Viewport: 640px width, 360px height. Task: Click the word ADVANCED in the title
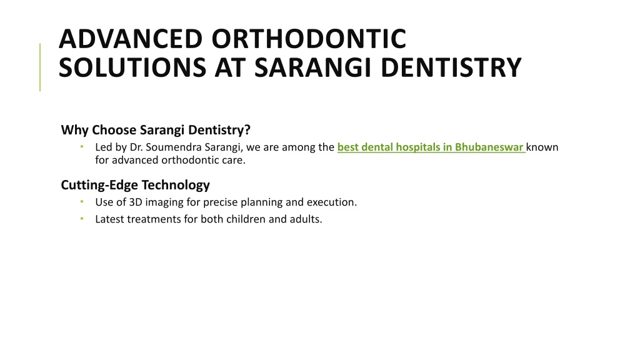coord(131,39)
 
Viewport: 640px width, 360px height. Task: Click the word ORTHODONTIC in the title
coord(309,39)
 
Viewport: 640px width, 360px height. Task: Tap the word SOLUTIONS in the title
coord(132,67)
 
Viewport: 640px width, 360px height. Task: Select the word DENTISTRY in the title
coord(451,67)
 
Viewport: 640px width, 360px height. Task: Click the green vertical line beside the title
coord(40,67)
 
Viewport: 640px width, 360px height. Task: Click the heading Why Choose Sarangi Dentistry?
coord(156,130)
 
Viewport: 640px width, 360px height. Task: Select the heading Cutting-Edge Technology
coord(135,185)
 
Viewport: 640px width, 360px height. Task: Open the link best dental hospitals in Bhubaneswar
coord(431,147)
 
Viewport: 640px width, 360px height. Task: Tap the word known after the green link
coord(542,147)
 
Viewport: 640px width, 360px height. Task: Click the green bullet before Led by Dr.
coord(82,146)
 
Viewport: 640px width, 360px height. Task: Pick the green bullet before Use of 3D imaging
coord(82,201)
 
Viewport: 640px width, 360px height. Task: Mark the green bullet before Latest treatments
coord(82,218)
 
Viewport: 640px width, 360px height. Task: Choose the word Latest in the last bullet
coord(110,219)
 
